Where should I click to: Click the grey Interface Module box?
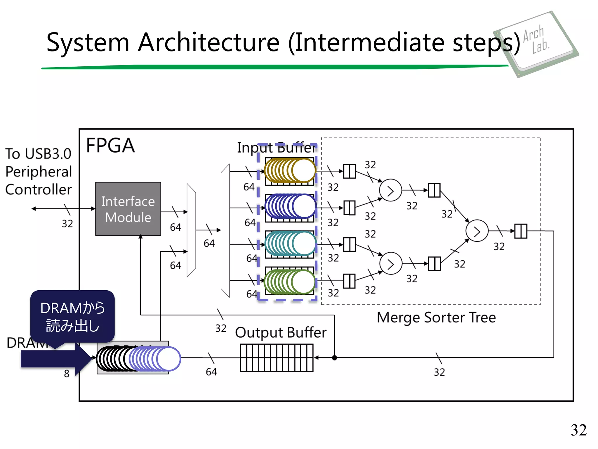tap(128, 209)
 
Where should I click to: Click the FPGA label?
tap(110, 146)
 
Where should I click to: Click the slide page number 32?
tap(578, 430)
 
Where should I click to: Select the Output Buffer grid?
tap(276, 358)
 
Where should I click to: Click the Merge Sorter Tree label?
tap(436, 317)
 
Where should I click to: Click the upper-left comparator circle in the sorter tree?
tap(390, 190)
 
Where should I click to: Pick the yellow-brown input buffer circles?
tap(290, 171)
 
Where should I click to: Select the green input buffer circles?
tap(290, 282)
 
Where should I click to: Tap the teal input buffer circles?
tap(290, 244)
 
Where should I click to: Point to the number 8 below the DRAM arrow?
tap(67, 374)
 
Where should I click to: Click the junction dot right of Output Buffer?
tap(335, 358)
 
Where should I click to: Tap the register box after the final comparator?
tap(521, 231)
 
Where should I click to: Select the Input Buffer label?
tap(276, 148)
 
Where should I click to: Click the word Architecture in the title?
tap(209, 43)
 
